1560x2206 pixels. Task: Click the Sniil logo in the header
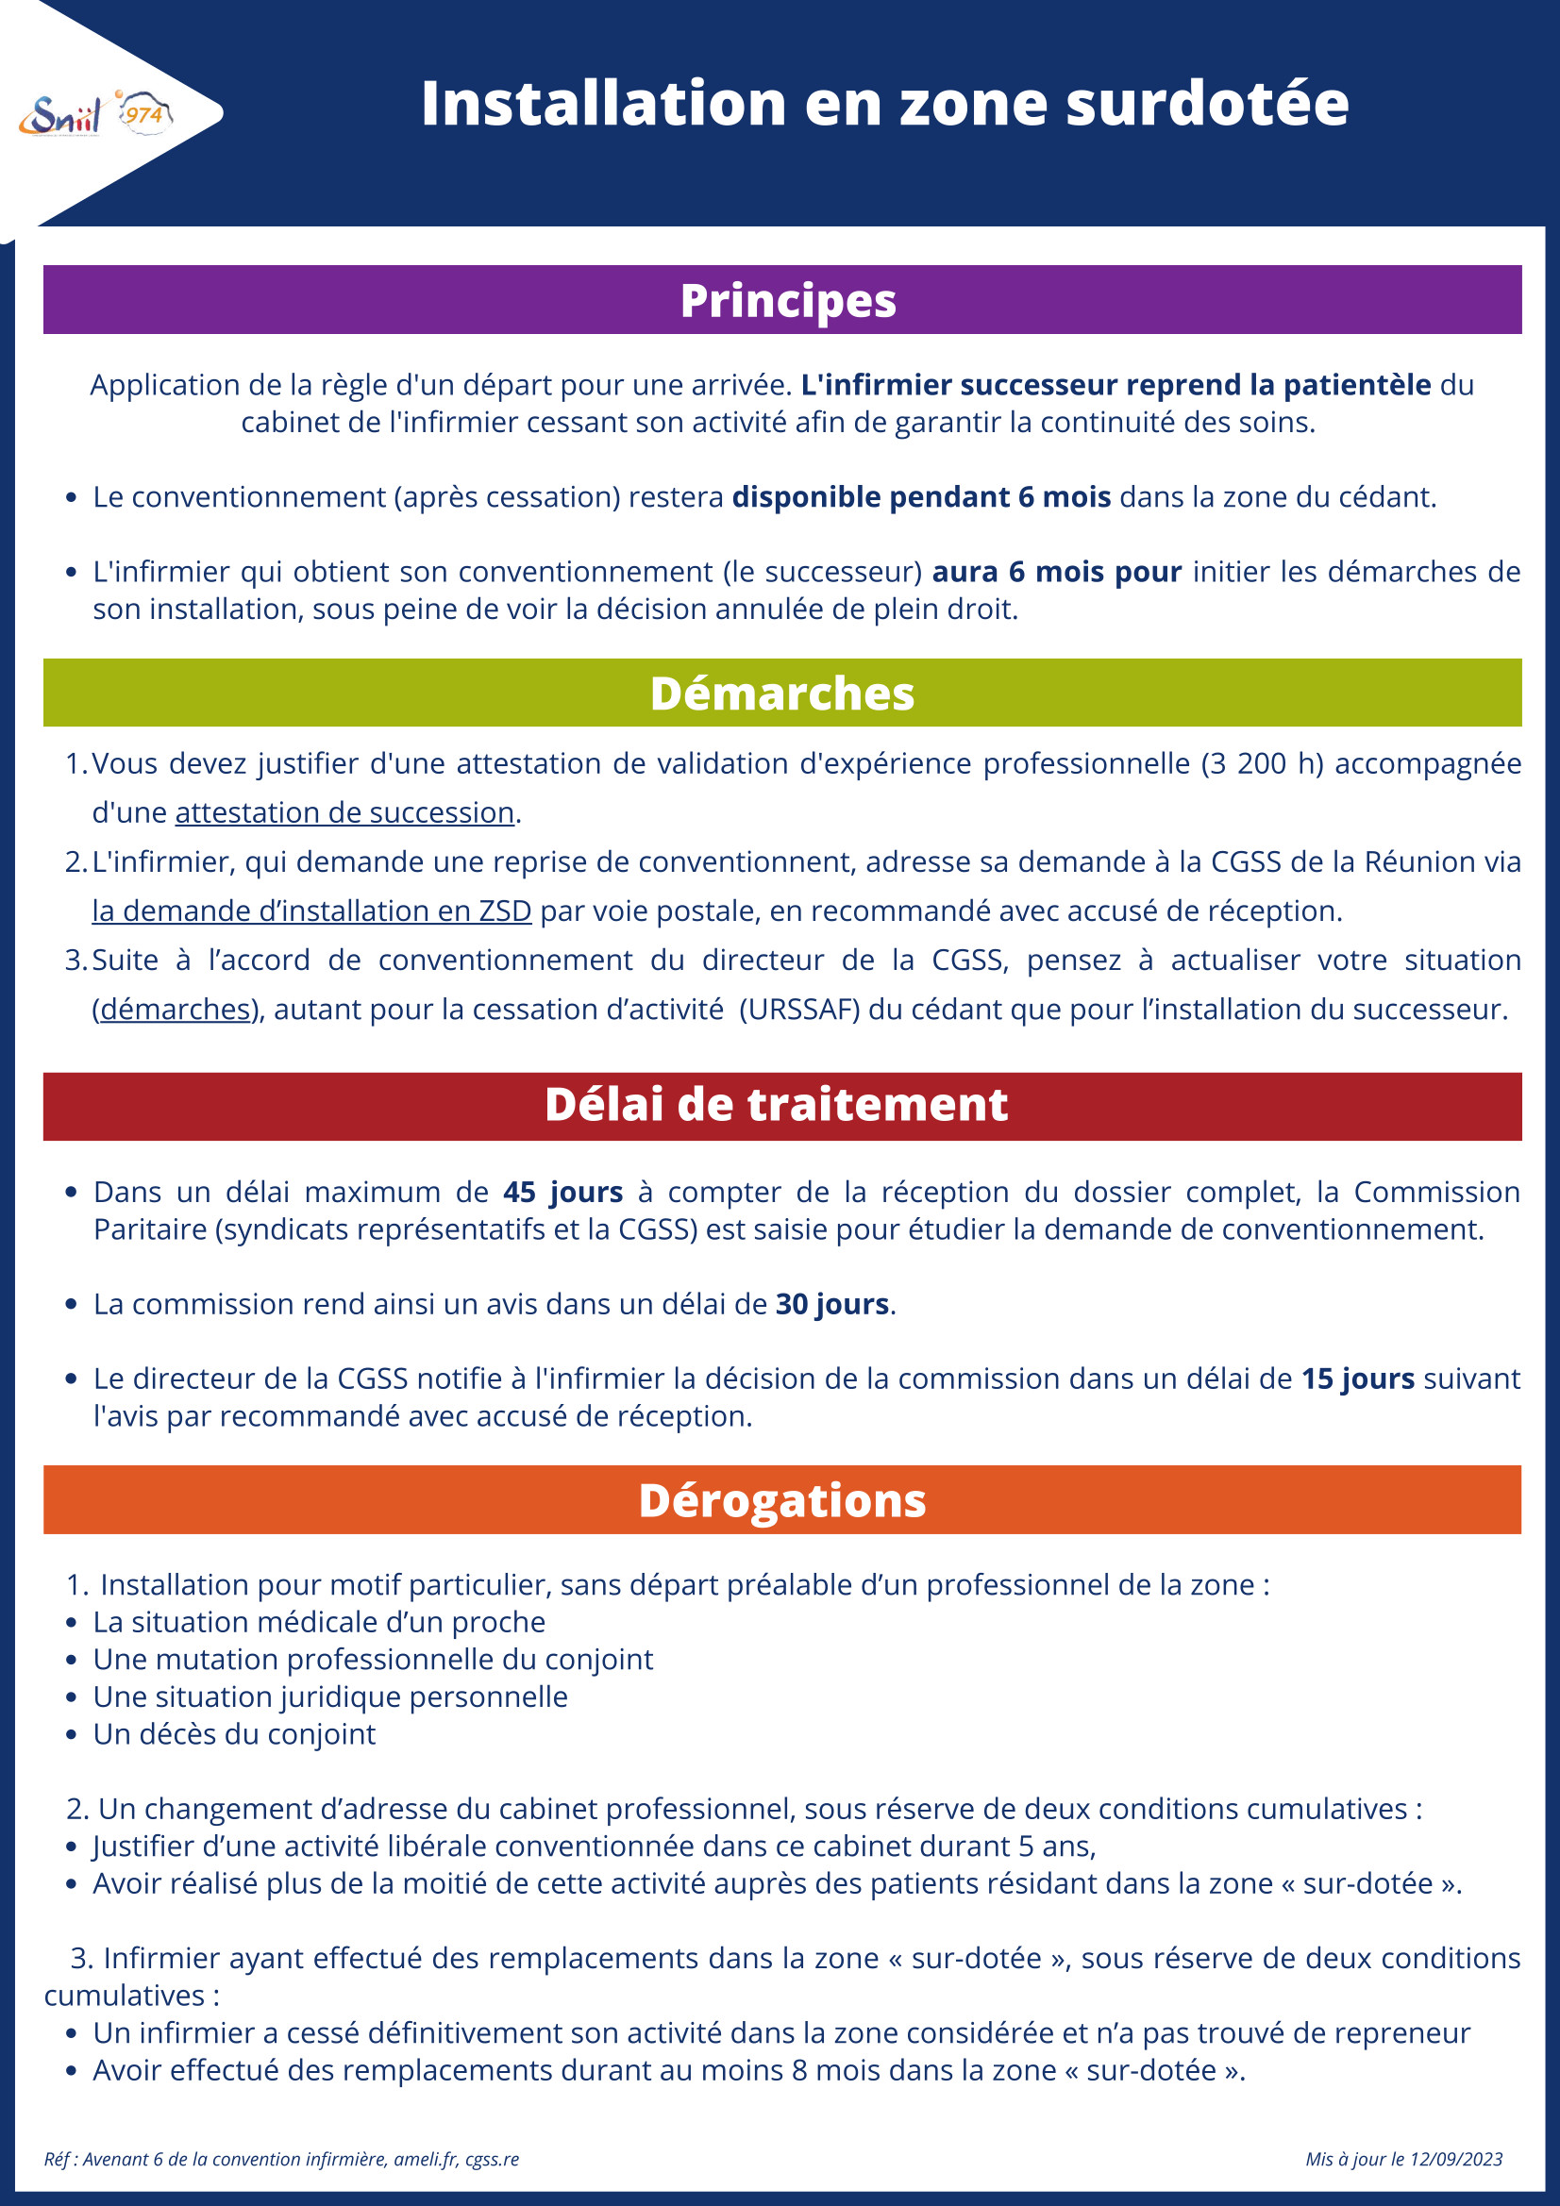tap(59, 116)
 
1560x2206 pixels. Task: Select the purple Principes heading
tap(787, 301)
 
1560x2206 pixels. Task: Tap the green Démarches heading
tap(781, 693)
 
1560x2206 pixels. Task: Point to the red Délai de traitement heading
tap(776, 1105)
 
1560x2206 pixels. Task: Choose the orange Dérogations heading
tap(781, 1501)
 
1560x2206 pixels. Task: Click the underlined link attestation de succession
tap(344, 812)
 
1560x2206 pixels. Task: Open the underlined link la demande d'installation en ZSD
tap(311, 911)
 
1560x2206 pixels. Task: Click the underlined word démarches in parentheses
tap(175, 1009)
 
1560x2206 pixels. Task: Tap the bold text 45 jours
tap(562, 1193)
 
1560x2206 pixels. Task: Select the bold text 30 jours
tap(831, 1304)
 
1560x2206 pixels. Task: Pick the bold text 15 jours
tap(1357, 1379)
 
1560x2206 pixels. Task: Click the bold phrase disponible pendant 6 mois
tap(921, 496)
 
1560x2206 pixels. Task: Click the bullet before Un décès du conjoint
tap(71, 1735)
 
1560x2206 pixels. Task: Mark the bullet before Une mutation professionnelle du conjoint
tap(71, 1661)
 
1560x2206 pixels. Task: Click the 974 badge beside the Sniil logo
tap(144, 114)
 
